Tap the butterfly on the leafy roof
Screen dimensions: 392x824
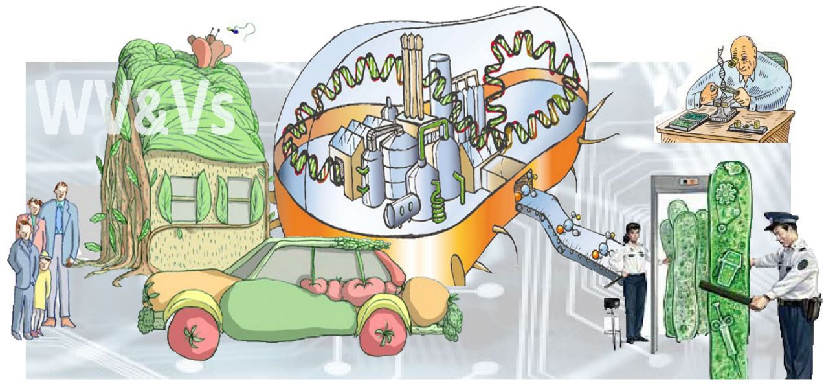point(210,51)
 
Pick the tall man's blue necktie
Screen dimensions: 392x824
point(60,220)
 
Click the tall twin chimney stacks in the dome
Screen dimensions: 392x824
point(412,71)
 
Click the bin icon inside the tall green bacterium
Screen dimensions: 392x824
point(729,263)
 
